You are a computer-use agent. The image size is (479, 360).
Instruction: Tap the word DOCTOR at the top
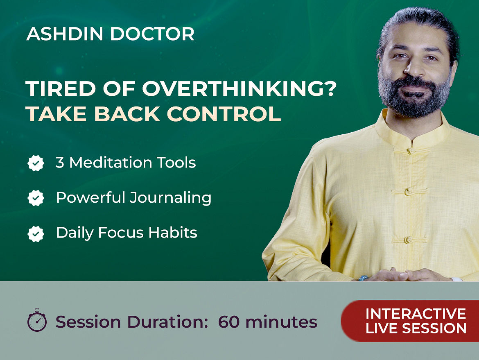pyautogui.click(x=152, y=34)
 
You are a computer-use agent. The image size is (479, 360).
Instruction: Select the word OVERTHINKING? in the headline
pyautogui.click(x=239, y=88)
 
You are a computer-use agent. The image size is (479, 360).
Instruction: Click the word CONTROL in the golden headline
pyautogui.click(x=224, y=114)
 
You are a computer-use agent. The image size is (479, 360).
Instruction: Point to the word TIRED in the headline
pyautogui.click(x=61, y=88)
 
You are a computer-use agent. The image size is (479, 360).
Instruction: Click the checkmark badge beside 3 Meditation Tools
pyautogui.click(x=36, y=163)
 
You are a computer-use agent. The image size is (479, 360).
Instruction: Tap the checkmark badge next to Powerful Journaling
pyautogui.click(x=36, y=198)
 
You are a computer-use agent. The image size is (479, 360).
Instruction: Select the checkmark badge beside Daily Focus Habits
pyautogui.click(x=36, y=234)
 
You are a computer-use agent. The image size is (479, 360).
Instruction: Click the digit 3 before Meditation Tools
pyautogui.click(x=60, y=163)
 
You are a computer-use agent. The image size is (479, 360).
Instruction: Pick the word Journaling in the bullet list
pyautogui.click(x=170, y=198)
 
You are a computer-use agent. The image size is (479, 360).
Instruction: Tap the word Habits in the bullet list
pyautogui.click(x=173, y=233)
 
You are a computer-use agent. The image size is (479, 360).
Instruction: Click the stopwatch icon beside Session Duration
pyautogui.click(x=37, y=320)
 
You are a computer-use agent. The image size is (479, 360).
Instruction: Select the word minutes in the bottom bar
pyautogui.click(x=281, y=322)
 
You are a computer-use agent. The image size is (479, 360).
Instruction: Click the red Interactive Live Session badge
pyautogui.click(x=410, y=321)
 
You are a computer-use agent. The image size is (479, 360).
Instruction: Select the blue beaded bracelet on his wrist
pyautogui.click(x=364, y=278)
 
